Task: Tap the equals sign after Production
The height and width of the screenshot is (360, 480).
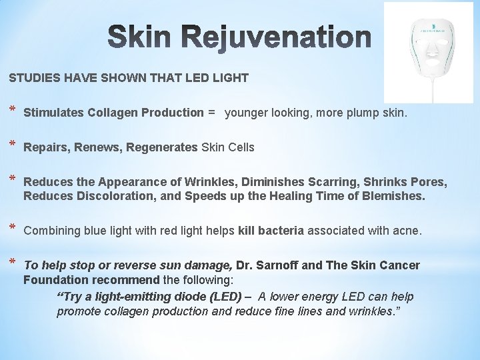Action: pos(211,113)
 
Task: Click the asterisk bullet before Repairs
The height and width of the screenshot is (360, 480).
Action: pos(13,145)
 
